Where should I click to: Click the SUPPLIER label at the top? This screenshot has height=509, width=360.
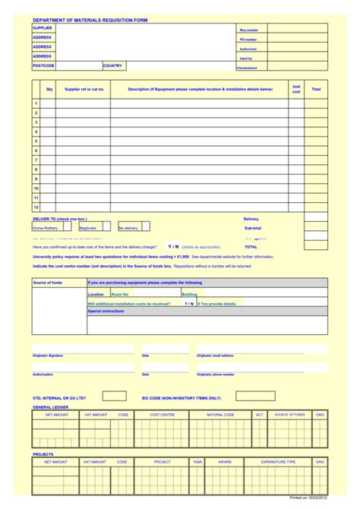point(43,27)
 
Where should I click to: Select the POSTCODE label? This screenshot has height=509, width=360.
point(43,65)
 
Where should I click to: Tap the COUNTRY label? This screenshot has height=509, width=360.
point(112,65)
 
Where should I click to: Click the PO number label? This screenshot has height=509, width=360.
point(248,39)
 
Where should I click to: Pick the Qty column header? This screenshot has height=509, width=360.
point(49,89)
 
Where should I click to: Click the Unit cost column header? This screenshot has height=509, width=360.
point(296,89)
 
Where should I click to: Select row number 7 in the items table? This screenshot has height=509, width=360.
point(36,160)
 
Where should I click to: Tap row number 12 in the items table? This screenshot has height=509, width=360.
point(36,206)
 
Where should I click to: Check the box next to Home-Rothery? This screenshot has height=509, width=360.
point(67,226)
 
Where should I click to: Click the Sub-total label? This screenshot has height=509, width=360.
point(252,228)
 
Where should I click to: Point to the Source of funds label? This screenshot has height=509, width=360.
point(47,283)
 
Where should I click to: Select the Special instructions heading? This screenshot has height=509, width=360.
point(106,311)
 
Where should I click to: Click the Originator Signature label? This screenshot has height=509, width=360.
point(48,355)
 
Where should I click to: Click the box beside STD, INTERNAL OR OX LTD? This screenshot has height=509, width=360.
point(114,396)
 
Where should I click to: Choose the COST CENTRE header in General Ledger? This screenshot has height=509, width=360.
point(163,415)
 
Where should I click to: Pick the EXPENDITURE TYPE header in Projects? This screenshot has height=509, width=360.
point(279,461)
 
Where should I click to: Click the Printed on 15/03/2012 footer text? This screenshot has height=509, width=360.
point(308,498)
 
